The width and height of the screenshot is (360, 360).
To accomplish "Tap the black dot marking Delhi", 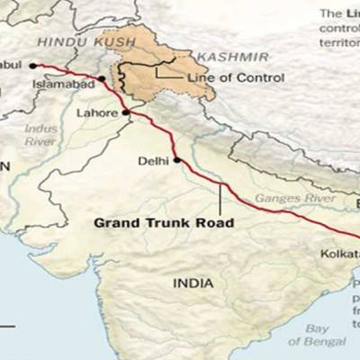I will [x=176, y=161].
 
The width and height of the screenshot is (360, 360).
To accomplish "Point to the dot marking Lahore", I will [x=127, y=112].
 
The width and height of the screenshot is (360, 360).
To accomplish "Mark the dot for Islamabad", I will [x=103, y=78].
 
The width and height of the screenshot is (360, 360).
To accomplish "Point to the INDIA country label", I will [x=193, y=283].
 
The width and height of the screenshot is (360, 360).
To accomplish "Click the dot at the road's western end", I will [x=32, y=65].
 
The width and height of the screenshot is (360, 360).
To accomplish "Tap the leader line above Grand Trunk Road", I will [x=220, y=199].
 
